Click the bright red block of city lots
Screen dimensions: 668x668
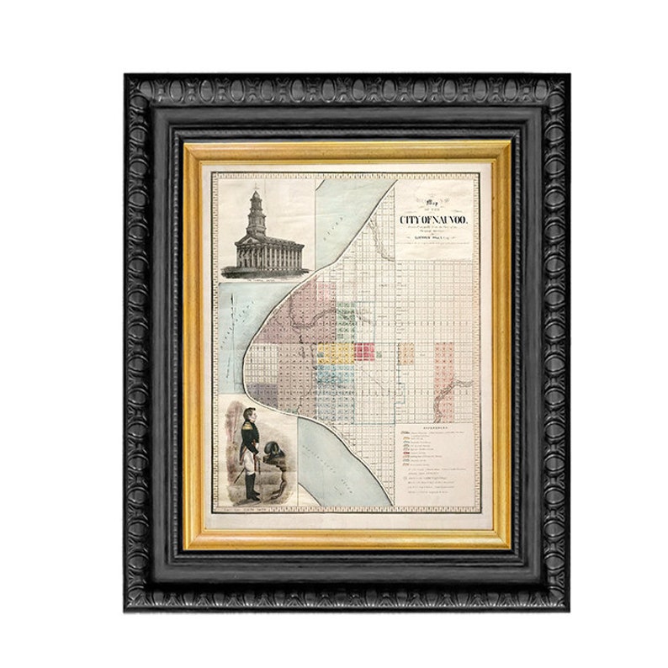(x=364, y=351)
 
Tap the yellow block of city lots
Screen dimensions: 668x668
(x=330, y=352)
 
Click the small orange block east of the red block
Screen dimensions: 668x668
(x=407, y=352)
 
